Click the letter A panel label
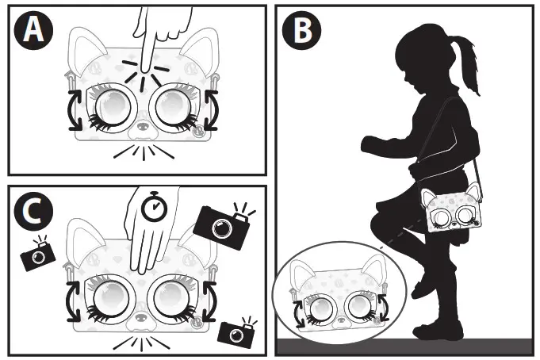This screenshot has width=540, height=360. tap(33, 30)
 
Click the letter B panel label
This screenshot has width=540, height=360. tap(301, 30)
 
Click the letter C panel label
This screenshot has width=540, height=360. tap(33, 212)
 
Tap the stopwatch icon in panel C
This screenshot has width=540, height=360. tap(155, 207)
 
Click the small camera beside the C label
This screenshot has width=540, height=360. tap(38, 254)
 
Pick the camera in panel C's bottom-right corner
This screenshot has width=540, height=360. tap(237, 332)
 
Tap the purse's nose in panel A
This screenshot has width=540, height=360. tap(142, 127)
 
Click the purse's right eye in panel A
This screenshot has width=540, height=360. tap(171, 108)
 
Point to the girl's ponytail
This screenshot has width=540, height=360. tap(465, 62)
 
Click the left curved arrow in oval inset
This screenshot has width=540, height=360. tap(298, 313)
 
